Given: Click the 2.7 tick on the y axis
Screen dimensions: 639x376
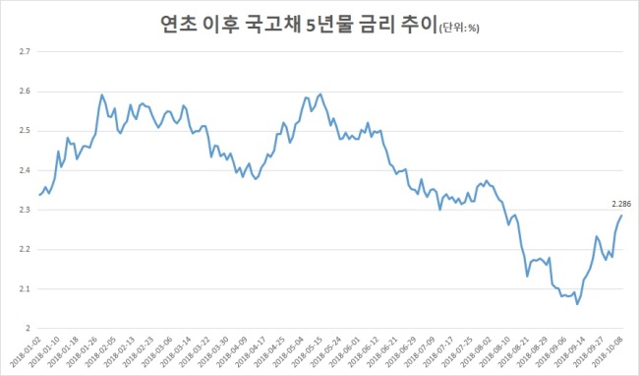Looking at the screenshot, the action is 26,52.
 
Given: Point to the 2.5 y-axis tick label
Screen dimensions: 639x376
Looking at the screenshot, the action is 26,131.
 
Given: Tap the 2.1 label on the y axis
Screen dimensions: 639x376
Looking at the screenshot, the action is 26,288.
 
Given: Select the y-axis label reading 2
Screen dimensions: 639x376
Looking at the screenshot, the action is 29,329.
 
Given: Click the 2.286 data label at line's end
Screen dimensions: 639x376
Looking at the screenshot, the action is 621,204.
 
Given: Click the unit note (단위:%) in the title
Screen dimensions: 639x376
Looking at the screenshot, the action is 459,29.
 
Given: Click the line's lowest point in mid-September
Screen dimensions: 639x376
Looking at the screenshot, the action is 577,304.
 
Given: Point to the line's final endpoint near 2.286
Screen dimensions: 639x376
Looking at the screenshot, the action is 621,216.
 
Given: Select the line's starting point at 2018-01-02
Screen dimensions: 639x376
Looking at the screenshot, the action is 39,195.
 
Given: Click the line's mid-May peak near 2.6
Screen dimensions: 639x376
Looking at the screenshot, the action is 320,94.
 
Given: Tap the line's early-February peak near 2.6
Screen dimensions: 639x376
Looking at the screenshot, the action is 102,95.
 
